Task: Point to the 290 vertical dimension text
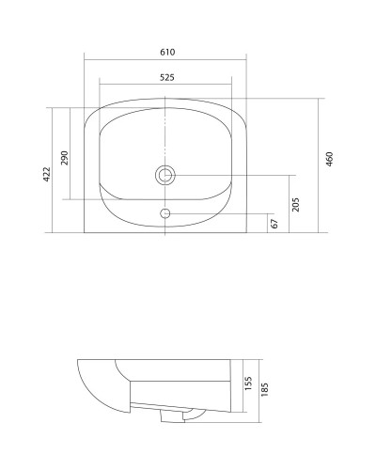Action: [64, 156]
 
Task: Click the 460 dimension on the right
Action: [329, 160]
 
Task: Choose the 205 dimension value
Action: [295, 203]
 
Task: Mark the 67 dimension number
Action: [274, 223]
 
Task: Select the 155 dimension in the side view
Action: [247, 386]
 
